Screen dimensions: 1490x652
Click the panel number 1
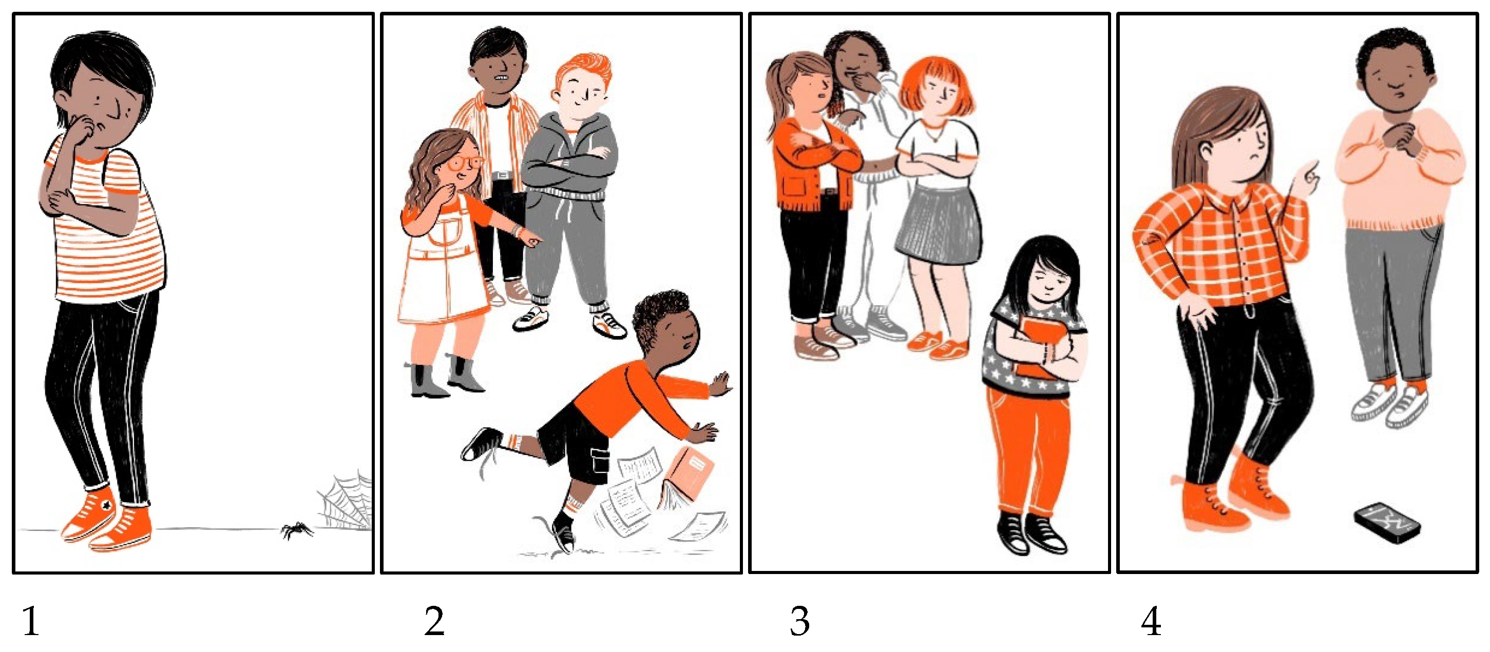(x=31, y=621)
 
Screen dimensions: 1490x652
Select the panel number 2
(x=434, y=621)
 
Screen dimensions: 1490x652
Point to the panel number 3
(x=800, y=621)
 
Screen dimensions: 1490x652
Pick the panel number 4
(x=1151, y=621)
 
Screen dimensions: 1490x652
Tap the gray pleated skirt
(x=938, y=224)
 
